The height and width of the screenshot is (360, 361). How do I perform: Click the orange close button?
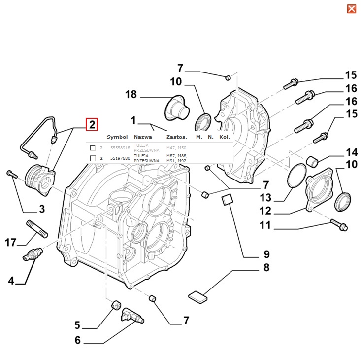351,9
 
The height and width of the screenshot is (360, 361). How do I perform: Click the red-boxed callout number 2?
92,124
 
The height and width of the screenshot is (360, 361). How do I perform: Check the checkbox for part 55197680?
93,158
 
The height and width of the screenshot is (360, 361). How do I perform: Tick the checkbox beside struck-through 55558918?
93,148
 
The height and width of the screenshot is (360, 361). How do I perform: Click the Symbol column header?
117,137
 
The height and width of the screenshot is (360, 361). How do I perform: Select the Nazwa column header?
143,137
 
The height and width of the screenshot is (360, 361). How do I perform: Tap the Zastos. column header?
176,137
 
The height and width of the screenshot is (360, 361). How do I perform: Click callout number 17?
11,243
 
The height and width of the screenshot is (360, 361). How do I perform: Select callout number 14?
351,152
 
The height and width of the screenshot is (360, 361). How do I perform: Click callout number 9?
266,254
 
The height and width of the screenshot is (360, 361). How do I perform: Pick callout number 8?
266,268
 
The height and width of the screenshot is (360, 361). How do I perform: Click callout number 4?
11,281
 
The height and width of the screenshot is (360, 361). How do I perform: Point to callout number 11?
266,227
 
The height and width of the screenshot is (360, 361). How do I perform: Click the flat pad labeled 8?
198,296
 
